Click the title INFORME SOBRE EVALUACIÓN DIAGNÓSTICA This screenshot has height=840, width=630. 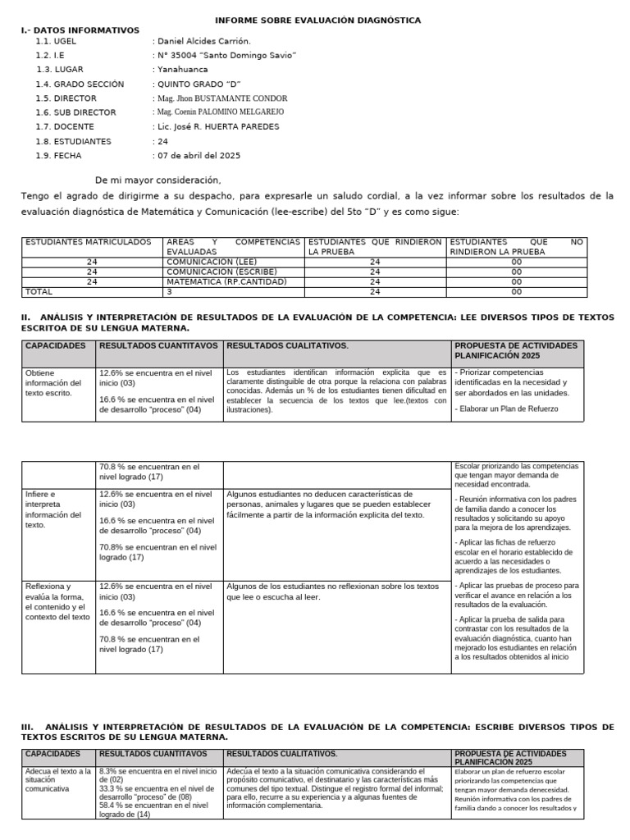point(317,20)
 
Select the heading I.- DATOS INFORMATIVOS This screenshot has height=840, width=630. point(80,30)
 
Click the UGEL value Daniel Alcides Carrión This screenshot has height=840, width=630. point(204,41)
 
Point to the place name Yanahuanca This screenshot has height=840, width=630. point(182,70)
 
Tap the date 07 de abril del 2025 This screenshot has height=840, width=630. point(199,155)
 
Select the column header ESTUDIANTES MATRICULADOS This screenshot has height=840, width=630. point(89,242)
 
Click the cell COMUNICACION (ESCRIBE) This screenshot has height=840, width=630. point(221,272)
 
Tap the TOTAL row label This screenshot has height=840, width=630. point(39,291)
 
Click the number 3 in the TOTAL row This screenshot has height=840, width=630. point(169,291)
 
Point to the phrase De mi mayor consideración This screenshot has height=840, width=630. point(157,180)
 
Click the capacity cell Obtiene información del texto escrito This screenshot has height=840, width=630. point(54,382)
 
